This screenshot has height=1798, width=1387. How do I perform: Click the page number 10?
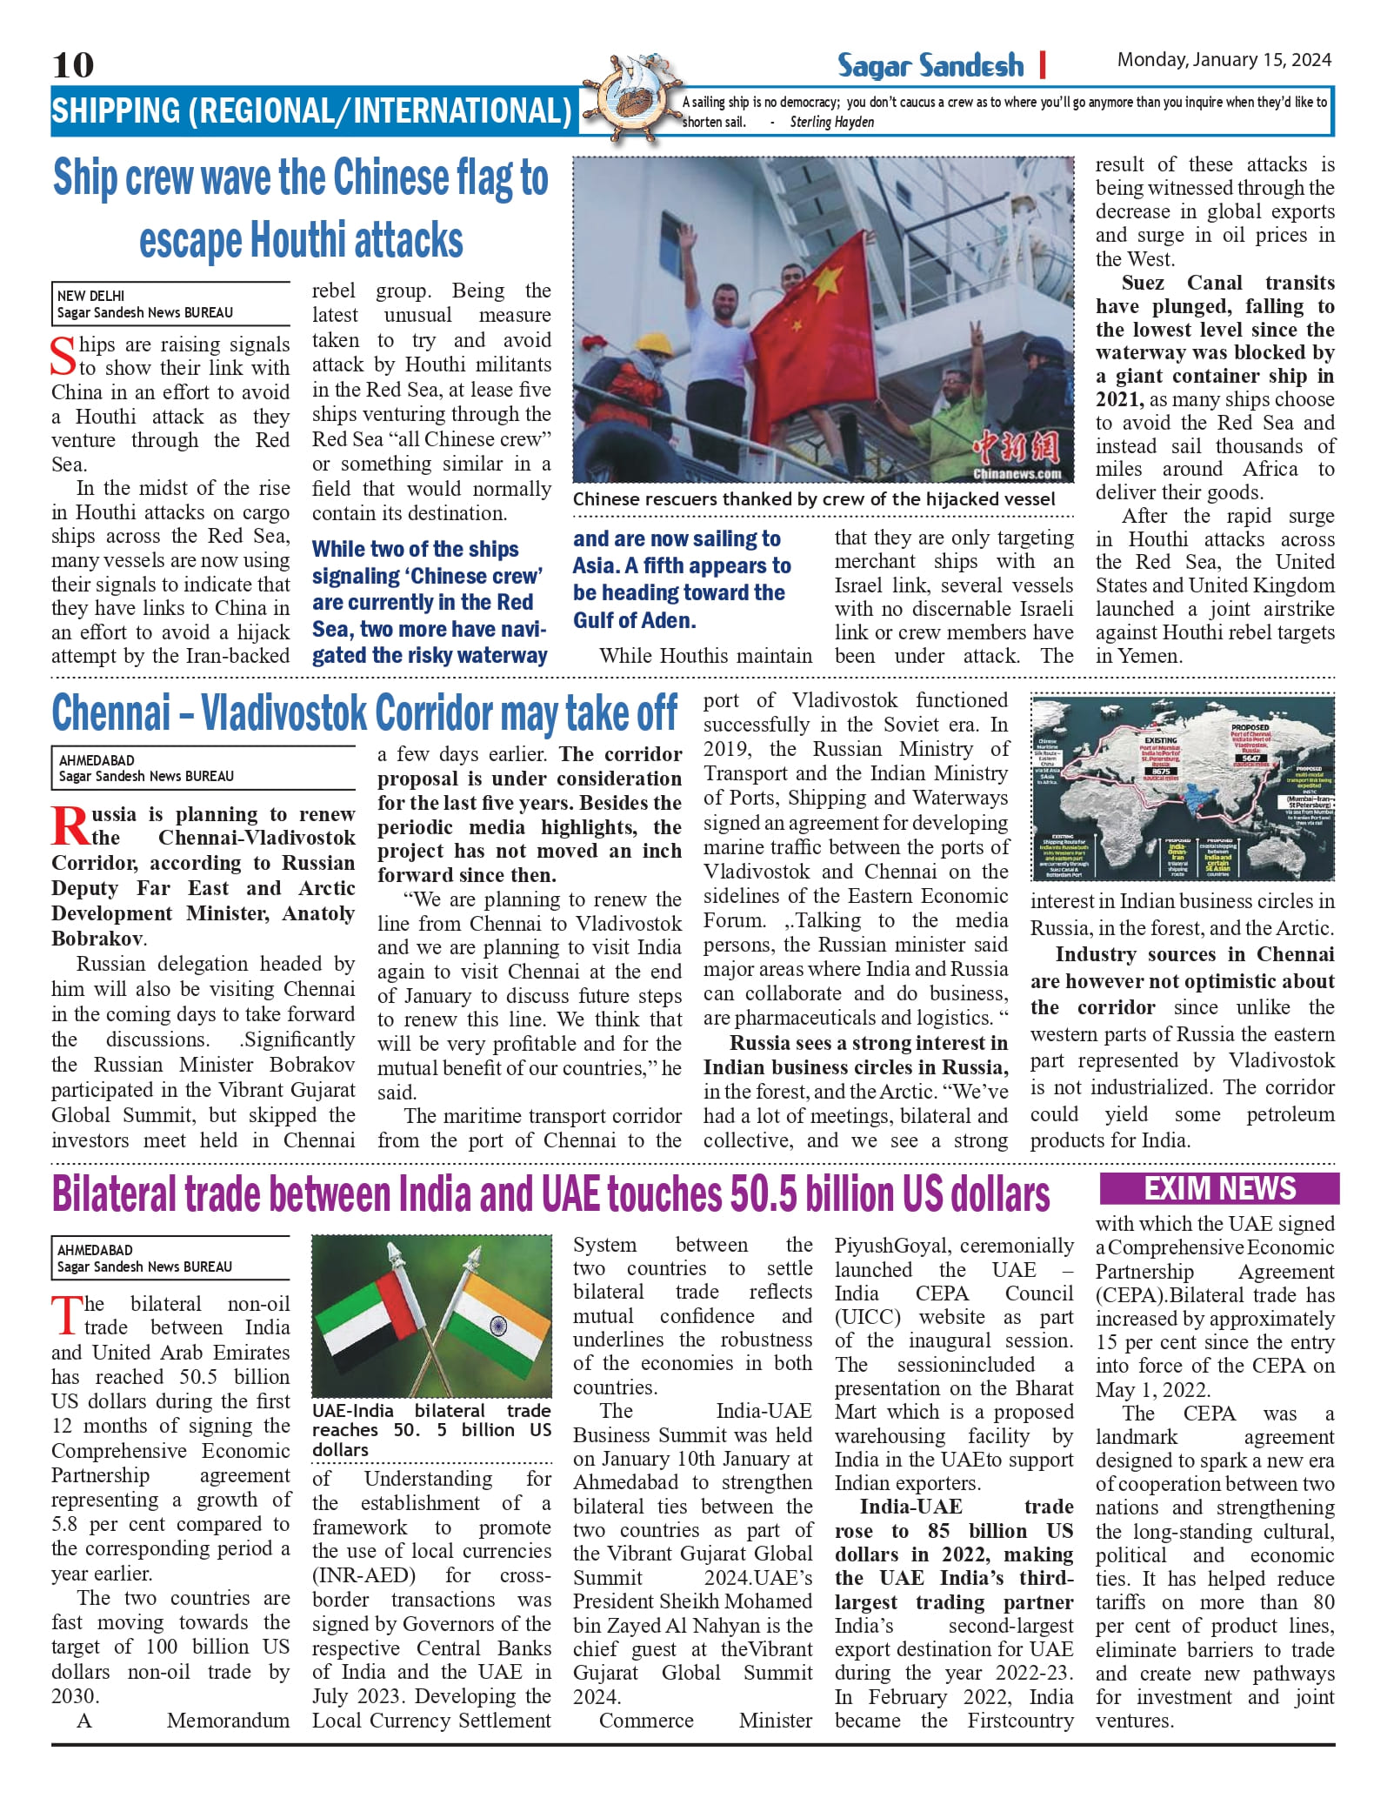(x=73, y=64)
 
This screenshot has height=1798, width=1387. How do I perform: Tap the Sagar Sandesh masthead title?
(x=930, y=65)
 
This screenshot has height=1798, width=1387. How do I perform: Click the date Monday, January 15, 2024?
(x=1224, y=60)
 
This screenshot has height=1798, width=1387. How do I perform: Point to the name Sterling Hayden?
(x=831, y=123)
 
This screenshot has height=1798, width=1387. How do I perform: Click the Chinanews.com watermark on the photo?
(x=1017, y=474)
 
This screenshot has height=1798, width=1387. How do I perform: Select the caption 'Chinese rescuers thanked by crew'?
(x=813, y=499)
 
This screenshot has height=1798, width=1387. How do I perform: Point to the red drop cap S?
(x=63, y=357)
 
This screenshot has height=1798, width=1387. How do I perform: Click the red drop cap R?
(x=69, y=826)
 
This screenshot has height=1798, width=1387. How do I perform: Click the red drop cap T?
(x=65, y=1315)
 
